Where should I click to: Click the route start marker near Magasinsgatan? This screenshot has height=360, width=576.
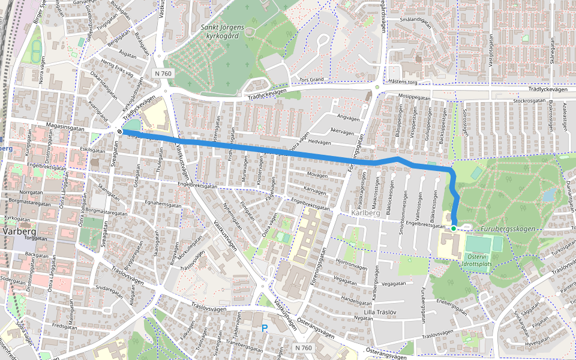coord(121,131)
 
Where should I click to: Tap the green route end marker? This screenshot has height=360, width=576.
coord(454,228)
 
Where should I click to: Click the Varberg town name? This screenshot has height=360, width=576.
coord(20,231)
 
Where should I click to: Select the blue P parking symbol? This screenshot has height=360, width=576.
coord(264,328)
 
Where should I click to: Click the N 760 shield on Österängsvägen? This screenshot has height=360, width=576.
coord(304,348)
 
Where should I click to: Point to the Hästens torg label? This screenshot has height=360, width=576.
coord(403,80)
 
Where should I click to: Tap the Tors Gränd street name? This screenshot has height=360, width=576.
coord(311,79)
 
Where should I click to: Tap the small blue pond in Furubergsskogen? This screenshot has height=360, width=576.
coord(548,194)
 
